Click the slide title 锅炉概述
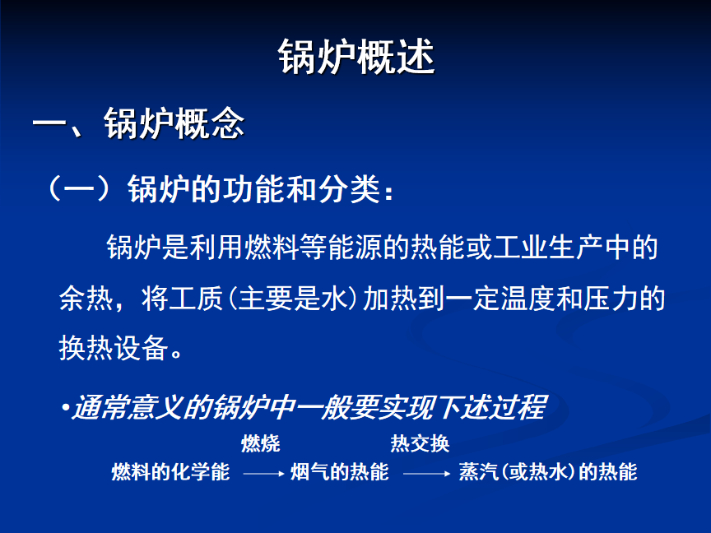tap(356, 56)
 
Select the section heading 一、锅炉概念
tap(138, 123)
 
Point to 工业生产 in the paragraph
tap(548, 248)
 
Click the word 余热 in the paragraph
tap(86, 299)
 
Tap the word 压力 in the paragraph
tap(611, 299)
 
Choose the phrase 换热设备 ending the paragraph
tap(114, 348)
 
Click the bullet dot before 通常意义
tap(66, 407)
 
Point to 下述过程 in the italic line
tap(493, 407)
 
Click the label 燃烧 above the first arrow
tap(261, 443)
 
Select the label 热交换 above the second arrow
tap(420, 443)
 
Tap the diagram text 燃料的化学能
tap(170, 472)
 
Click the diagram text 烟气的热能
tap(340, 472)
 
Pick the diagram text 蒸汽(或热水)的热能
tap(548, 472)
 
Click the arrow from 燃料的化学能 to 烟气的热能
tap(264, 474)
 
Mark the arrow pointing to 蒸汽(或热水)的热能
tap(427, 474)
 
